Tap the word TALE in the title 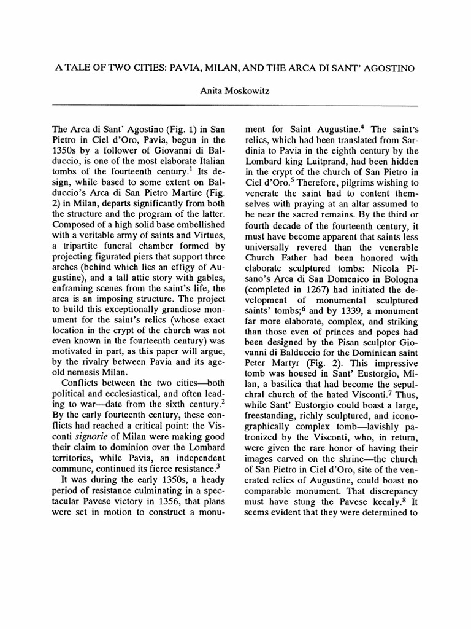click(x=80, y=67)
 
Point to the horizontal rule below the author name click(x=235, y=106)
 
